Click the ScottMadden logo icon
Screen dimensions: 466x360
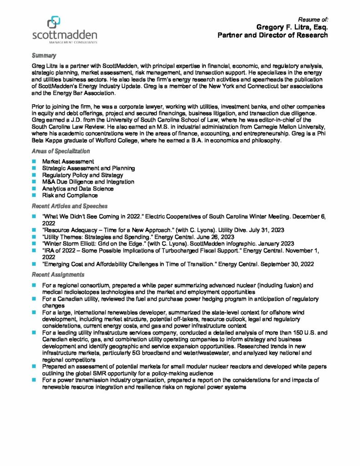[53, 22]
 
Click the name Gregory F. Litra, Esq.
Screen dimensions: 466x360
[292, 27]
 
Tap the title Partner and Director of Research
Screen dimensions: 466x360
[273, 35]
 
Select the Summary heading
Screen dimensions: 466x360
[44, 56]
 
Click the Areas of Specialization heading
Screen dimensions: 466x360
[61, 151]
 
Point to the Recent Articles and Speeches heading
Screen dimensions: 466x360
[70, 206]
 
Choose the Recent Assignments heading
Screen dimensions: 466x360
[58, 275]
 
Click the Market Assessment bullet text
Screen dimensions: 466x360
[68, 162]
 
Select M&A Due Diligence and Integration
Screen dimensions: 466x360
[88, 182]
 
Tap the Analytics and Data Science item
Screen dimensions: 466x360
[77, 188]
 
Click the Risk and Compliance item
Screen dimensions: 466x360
[70, 195]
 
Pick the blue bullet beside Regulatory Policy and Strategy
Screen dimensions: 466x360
[34, 175]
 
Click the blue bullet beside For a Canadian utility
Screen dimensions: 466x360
[34, 299]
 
